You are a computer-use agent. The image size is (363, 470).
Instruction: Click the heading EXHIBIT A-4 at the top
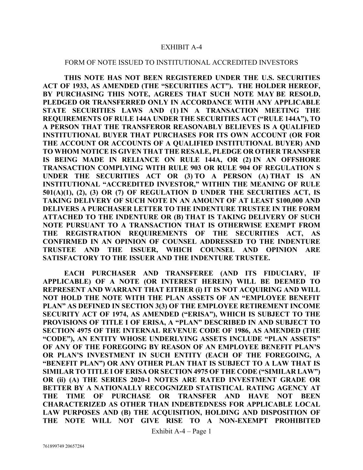click(181, 47)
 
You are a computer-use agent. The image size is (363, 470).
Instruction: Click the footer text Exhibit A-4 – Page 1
click(181, 431)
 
